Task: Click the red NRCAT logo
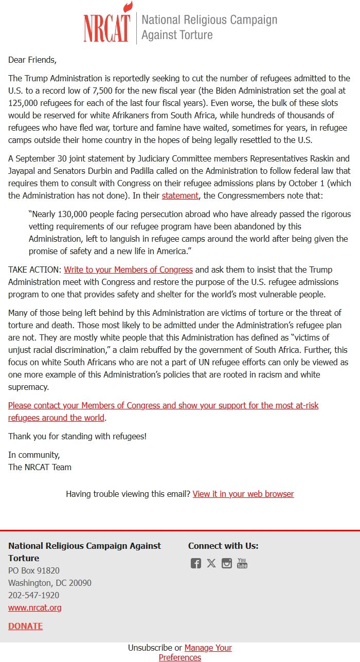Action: pos(107,23)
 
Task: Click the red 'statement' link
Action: pos(180,195)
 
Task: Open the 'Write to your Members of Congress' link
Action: pos(128,270)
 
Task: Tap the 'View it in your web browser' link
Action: pos(243,494)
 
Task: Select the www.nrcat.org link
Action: pos(35,607)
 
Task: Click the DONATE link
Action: pos(25,626)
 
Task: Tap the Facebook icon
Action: pos(196,563)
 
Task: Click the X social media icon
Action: pos(211,563)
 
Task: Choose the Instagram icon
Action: pos(227,563)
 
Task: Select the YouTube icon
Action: pos(242,563)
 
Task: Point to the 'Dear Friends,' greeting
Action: pos(32,60)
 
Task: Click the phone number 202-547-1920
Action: pos(33,595)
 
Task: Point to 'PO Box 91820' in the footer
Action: pos(34,570)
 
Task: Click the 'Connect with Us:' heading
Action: pos(223,546)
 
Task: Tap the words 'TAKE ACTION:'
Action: pos(34,270)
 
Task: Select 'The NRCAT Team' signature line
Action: pos(40,467)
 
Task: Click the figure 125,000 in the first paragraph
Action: pos(24,103)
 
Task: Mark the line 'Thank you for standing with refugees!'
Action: pos(78,436)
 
